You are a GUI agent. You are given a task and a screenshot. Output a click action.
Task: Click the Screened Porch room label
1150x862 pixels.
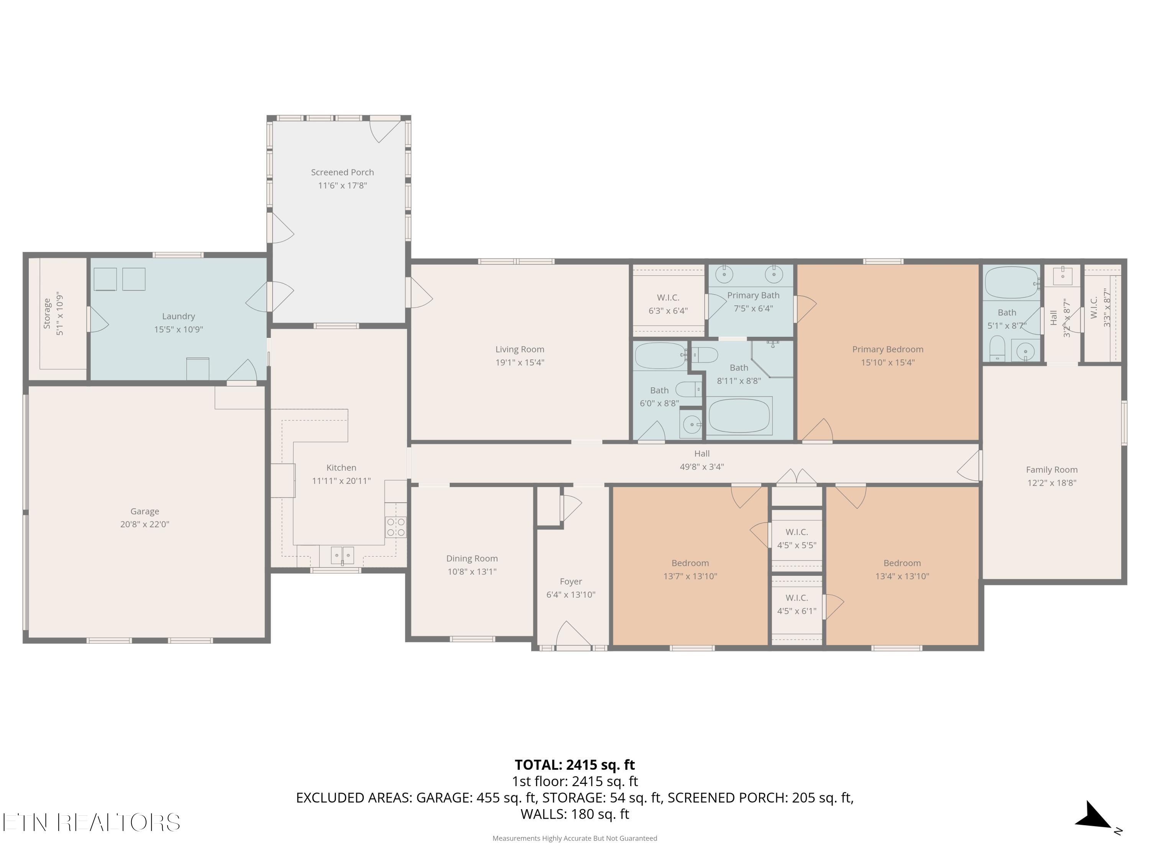[342, 172]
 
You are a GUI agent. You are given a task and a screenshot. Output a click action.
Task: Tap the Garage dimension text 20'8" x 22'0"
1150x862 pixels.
[145, 524]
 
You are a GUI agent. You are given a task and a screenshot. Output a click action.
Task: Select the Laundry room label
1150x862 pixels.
[178, 316]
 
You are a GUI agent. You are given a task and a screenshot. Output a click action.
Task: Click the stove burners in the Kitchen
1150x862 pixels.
[396, 527]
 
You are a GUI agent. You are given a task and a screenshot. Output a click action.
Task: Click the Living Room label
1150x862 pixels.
[519, 349]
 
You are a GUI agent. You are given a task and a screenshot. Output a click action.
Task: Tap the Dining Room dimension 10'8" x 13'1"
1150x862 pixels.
[472, 572]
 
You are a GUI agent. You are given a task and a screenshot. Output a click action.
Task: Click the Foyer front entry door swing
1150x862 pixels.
[573, 634]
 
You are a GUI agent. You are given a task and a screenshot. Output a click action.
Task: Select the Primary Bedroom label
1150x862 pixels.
[887, 349]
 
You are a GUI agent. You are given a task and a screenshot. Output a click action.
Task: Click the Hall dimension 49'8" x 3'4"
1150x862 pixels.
[702, 467]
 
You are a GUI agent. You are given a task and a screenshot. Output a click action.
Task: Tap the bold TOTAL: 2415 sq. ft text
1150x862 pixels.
[575, 765]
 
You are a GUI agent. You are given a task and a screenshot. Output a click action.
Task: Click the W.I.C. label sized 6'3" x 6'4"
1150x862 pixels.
[668, 297]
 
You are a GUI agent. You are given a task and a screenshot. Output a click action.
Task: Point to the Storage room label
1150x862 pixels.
[47, 313]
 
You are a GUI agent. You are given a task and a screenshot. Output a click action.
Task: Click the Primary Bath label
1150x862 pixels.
[753, 295]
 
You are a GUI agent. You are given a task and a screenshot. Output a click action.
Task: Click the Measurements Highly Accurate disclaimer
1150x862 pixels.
[575, 838]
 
